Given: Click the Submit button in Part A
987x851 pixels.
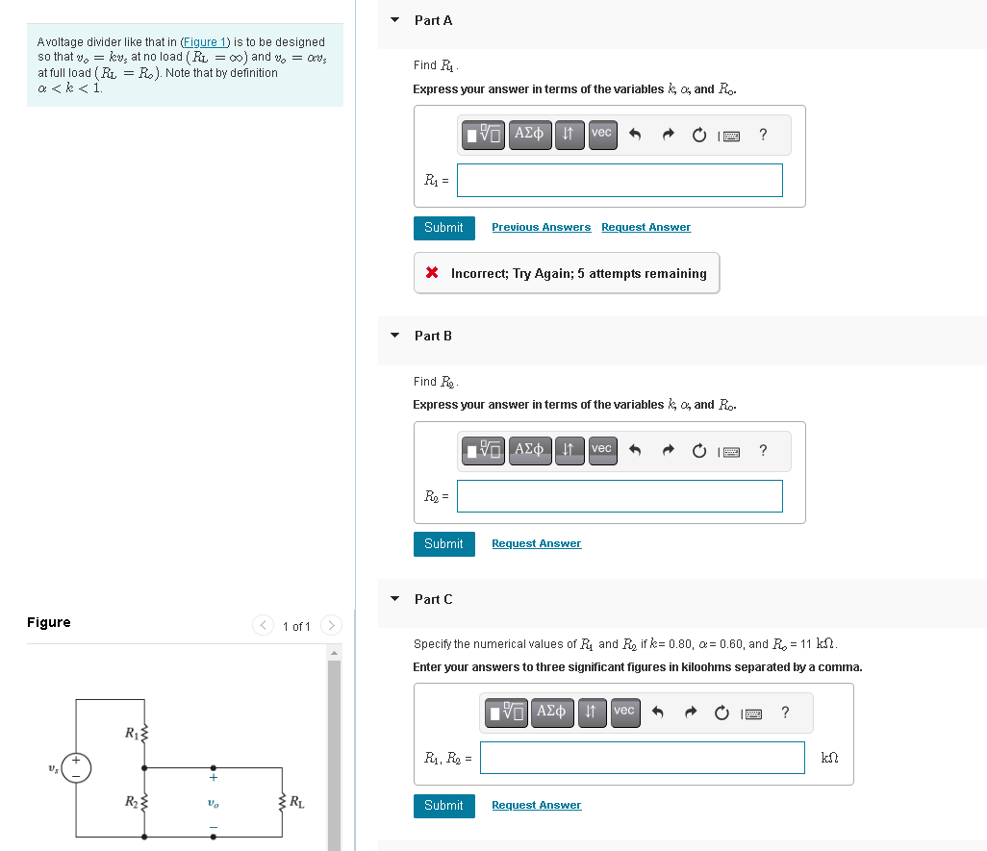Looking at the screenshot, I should tap(443, 228).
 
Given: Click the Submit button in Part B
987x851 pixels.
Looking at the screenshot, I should tap(443, 544).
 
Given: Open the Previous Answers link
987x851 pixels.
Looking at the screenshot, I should tap(541, 228).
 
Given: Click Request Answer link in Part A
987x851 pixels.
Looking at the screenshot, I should tap(645, 228).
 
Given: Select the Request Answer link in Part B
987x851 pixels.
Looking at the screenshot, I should tap(536, 544).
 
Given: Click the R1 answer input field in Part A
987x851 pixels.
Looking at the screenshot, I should tap(620, 180).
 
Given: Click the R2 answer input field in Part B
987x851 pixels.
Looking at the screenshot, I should tap(620, 496).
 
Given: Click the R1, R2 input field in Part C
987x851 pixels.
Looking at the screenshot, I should tap(642, 758).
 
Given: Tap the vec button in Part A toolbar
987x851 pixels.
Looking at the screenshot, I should tap(601, 133).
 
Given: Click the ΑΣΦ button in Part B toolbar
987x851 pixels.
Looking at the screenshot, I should tap(529, 449).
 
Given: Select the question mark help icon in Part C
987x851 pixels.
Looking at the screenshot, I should tap(785, 713).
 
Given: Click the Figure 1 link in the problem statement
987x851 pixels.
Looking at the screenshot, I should tap(205, 42).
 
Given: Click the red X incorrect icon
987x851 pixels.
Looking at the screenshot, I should tap(433, 274).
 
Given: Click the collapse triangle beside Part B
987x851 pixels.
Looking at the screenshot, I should tap(394, 336).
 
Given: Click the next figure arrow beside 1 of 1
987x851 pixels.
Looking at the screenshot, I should tap(330, 626).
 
